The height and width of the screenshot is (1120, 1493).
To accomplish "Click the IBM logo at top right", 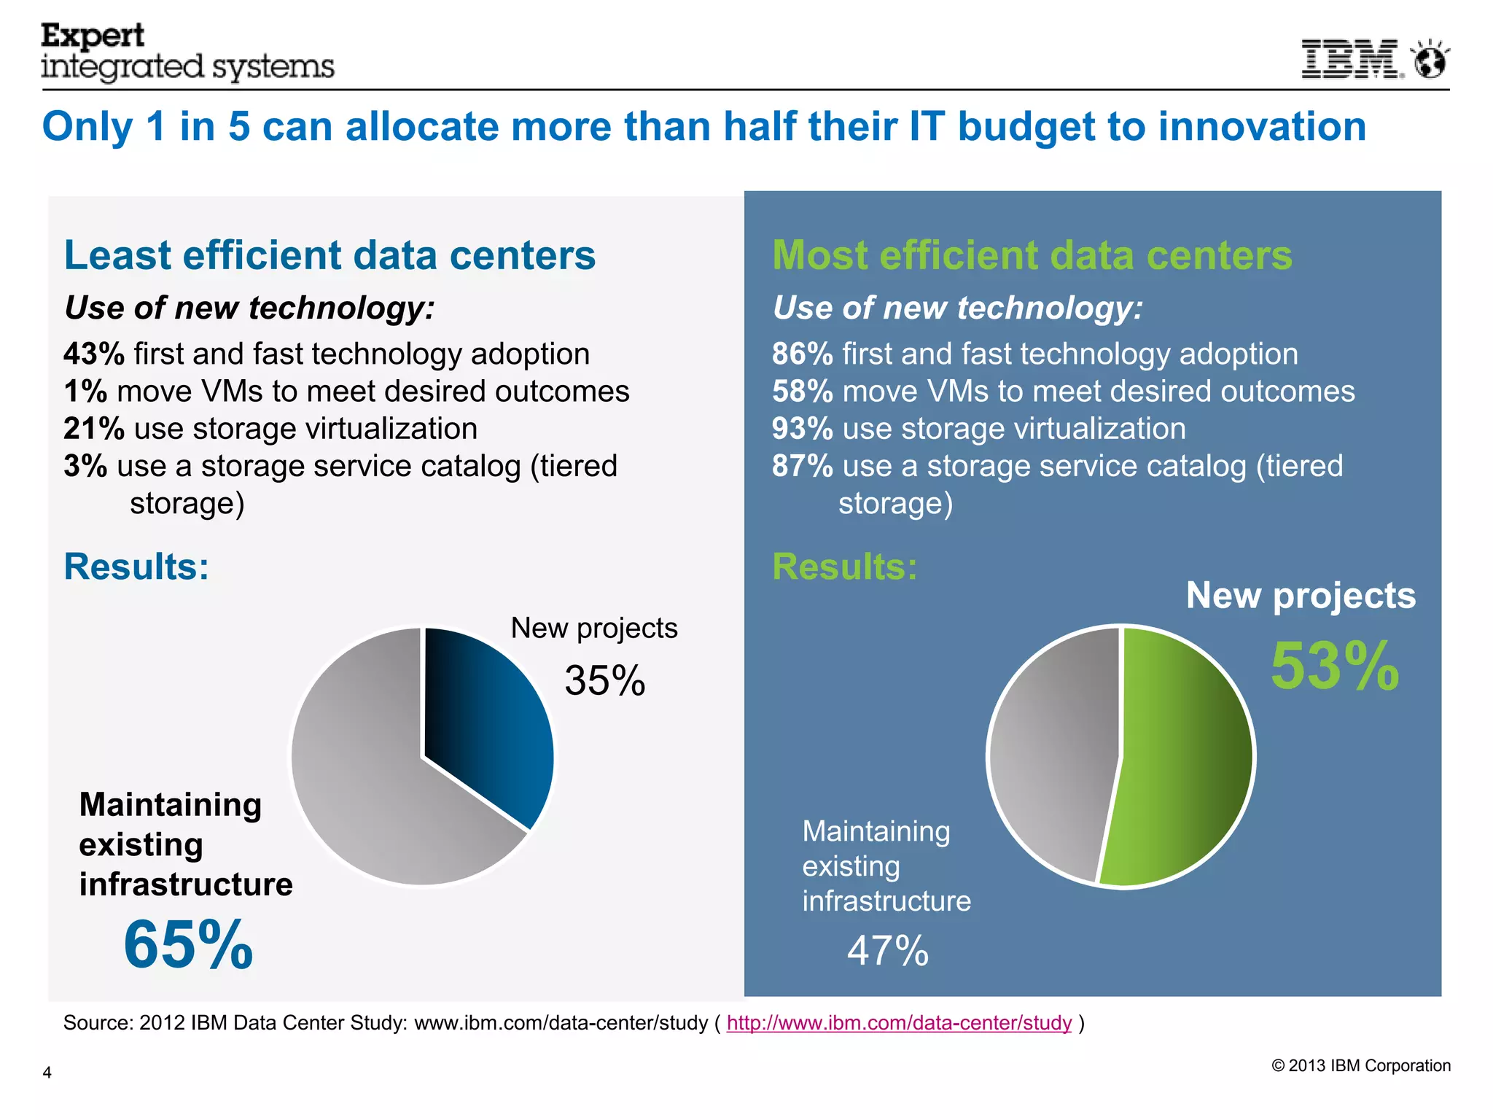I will pyautogui.click(x=1351, y=59).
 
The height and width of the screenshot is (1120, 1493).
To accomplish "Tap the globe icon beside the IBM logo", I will pyautogui.click(x=1430, y=59).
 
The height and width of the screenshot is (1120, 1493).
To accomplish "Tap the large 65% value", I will pyautogui.click(x=188, y=945).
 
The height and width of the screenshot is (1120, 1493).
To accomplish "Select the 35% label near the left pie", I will pyautogui.click(x=604, y=680).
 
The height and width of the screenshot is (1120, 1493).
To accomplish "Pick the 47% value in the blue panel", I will pyautogui.click(x=887, y=951).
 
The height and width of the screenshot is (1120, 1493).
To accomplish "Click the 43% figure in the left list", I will pyautogui.click(x=93, y=354).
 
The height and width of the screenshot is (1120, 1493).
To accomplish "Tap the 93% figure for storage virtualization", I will pyautogui.click(x=802, y=429).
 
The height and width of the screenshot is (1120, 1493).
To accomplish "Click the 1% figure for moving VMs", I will pyautogui.click(x=85, y=392).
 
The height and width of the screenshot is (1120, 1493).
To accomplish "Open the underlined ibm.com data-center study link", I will pyautogui.click(x=899, y=1023).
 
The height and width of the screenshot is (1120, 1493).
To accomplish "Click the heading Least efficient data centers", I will pyautogui.click(x=330, y=255).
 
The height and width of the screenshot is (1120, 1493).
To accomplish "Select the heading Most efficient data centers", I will pyautogui.click(x=1032, y=255).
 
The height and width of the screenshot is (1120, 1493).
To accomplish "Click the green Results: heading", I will pyautogui.click(x=844, y=567).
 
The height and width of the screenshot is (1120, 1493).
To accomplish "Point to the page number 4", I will pyautogui.click(x=47, y=1073).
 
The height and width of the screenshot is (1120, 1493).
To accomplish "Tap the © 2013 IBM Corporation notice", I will pyautogui.click(x=1360, y=1065).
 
